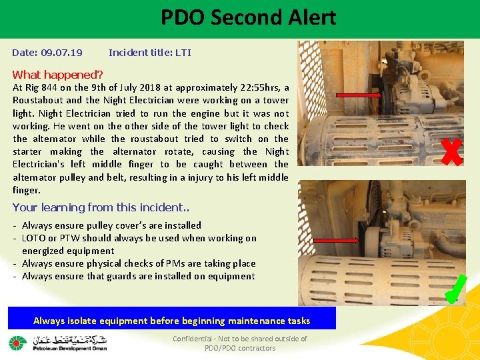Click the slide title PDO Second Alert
(248, 17)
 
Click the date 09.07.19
(61, 52)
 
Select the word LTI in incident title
(183, 52)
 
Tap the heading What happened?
(58, 75)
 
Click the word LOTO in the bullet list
(34, 238)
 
